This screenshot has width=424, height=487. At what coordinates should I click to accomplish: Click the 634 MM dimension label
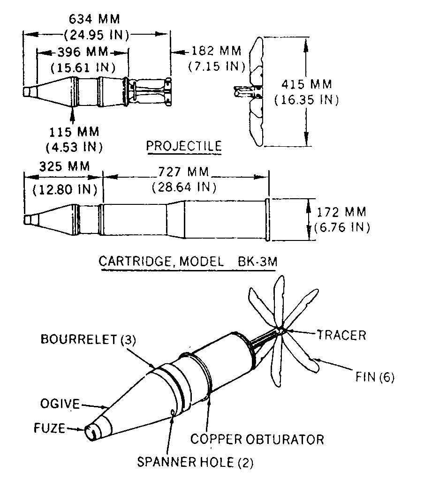[94, 19]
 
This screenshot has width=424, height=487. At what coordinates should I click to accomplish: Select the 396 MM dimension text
[83, 52]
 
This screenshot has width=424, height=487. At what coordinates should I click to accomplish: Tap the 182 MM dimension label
[216, 51]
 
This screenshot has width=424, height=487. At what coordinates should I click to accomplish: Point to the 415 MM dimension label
[306, 84]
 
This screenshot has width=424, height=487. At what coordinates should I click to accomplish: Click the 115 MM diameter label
[74, 132]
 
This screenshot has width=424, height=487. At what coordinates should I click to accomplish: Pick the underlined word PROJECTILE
[184, 146]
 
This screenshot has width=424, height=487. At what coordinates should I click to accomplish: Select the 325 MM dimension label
[65, 166]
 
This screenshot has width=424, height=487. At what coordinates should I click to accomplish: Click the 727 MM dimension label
[183, 172]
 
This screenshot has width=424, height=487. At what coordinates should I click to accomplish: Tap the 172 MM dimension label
[341, 212]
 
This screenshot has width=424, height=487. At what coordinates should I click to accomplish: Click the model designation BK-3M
[257, 262]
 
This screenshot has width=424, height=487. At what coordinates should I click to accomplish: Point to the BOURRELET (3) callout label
[88, 339]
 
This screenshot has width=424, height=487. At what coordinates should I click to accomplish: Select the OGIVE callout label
[60, 404]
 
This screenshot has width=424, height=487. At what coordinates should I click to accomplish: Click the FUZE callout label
[49, 428]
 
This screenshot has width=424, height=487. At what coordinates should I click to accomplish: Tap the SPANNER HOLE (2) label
[195, 462]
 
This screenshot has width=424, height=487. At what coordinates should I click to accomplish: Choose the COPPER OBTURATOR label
[257, 440]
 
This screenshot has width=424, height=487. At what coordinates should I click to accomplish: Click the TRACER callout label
[341, 336]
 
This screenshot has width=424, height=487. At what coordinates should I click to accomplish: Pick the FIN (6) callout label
[375, 377]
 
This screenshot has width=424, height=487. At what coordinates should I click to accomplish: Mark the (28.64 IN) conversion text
[184, 187]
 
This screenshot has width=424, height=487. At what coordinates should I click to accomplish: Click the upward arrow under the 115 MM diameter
[72, 115]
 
